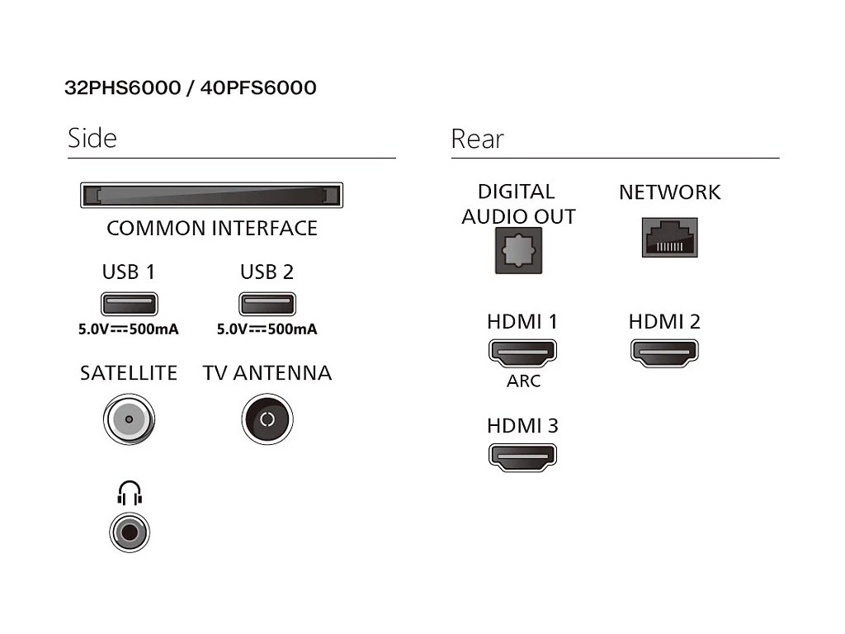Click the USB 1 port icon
(129, 305)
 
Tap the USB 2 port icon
(267, 305)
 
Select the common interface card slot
(211, 196)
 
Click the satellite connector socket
(129, 419)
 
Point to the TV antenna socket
(267, 419)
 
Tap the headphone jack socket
(129, 532)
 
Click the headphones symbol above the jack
(129, 494)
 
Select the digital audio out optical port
(518, 250)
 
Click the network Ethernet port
(669, 238)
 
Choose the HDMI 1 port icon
(523, 352)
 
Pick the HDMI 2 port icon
(664, 352)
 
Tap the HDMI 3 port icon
(523, 457)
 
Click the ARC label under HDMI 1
(523, 381)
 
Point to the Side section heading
(92, 138)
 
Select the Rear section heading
(477, 139)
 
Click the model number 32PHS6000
(122, 88)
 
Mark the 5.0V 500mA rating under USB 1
(129, 329)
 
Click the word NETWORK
(669, 192)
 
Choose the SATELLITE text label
(129, 373)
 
